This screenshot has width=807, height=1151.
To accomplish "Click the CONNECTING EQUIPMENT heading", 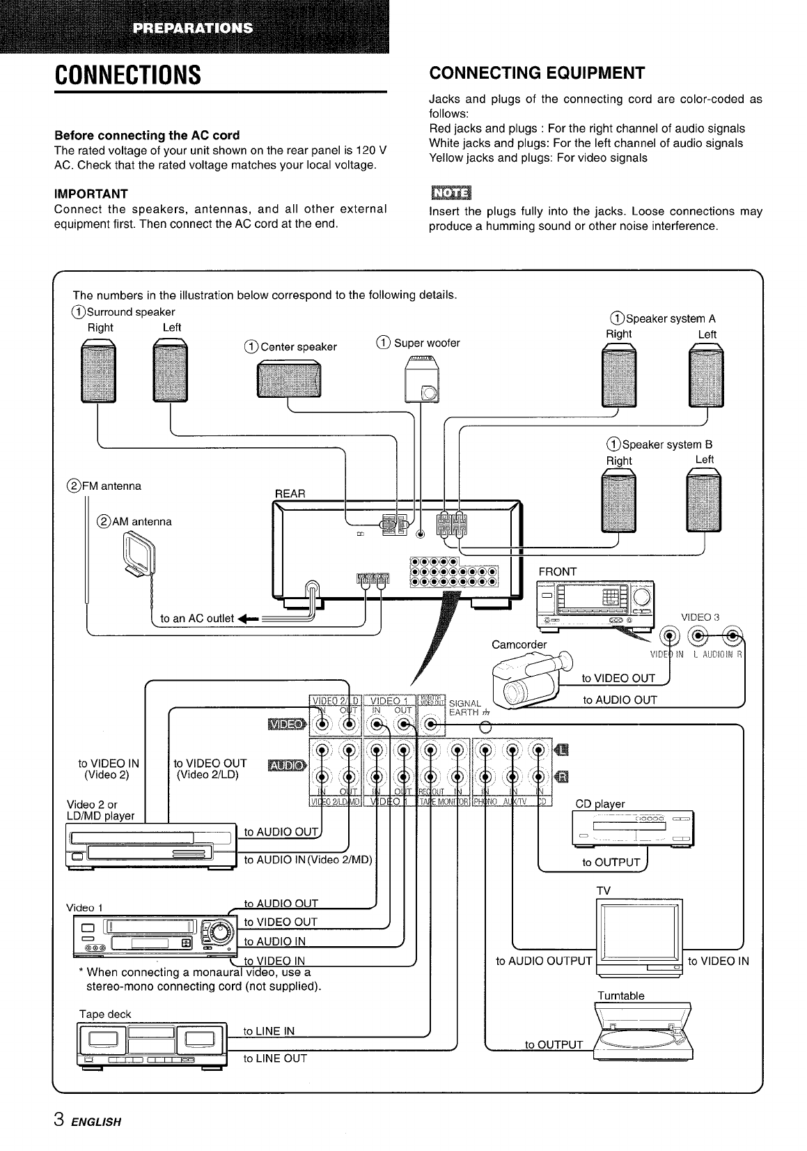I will coord(538,73).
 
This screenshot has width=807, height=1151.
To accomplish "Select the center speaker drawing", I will coord(288,383).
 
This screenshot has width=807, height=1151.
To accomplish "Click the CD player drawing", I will coord(632,828).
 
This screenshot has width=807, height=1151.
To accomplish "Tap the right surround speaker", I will coord(99,374).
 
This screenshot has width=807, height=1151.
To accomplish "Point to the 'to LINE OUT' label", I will coord(274,1058).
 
